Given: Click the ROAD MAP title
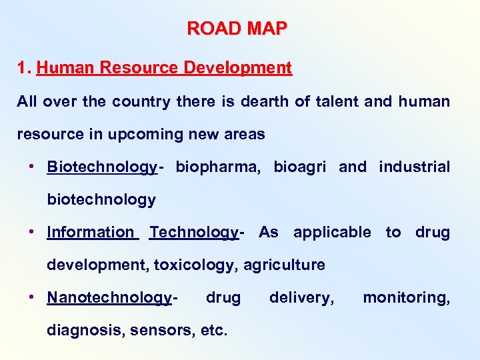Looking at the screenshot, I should (237, 29).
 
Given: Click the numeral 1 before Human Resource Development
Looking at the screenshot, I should (22, 68).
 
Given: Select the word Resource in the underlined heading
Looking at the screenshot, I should (119, 68).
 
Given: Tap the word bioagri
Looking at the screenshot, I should (300, 167).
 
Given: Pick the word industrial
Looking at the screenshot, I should (414, 167).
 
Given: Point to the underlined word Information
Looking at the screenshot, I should (90, 232).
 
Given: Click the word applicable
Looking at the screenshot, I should (332, 232).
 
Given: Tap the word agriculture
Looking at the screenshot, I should (284, 265).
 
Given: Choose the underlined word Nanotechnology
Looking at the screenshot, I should (109, 297).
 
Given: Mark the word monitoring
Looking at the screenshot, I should (406, 297).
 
